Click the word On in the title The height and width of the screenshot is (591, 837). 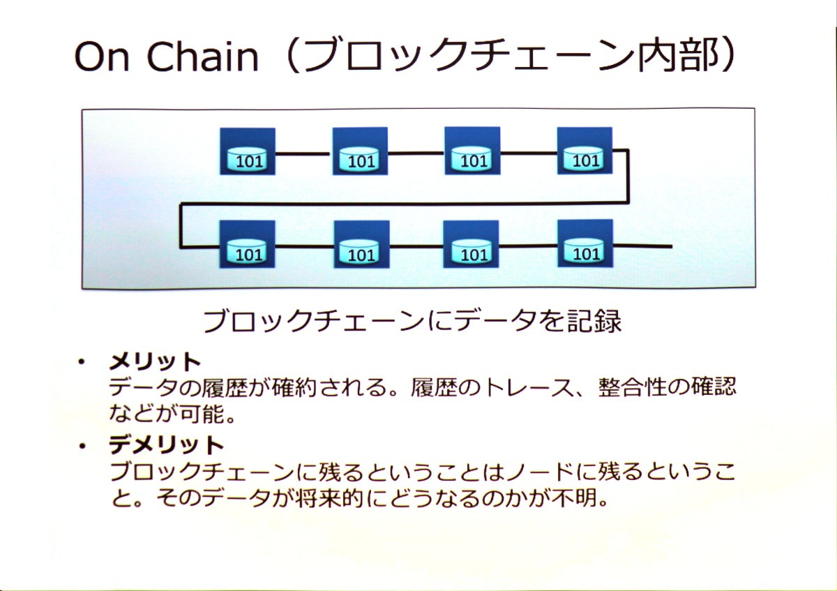point(102,57)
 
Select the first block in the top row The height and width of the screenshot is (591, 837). point(248,151)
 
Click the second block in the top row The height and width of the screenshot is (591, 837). point(360,151)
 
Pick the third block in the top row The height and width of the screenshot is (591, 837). point(472,151)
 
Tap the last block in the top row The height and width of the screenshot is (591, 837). point(585,151)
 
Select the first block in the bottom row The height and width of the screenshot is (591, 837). point(248,244)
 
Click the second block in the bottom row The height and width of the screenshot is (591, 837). point(362,244)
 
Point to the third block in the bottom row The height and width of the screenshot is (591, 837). point(471,244)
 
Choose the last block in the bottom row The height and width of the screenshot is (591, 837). point(585,244)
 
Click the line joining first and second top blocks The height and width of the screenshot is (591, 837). point(304,154)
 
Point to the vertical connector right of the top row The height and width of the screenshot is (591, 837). point(628,177)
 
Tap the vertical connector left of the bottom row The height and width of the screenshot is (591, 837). point(181,225)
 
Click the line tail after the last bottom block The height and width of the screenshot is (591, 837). point(642,246)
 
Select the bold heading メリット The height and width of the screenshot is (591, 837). point(155,362)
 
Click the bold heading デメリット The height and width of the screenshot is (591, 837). point(166,445)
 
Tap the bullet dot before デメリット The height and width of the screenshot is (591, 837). point(82,446)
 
